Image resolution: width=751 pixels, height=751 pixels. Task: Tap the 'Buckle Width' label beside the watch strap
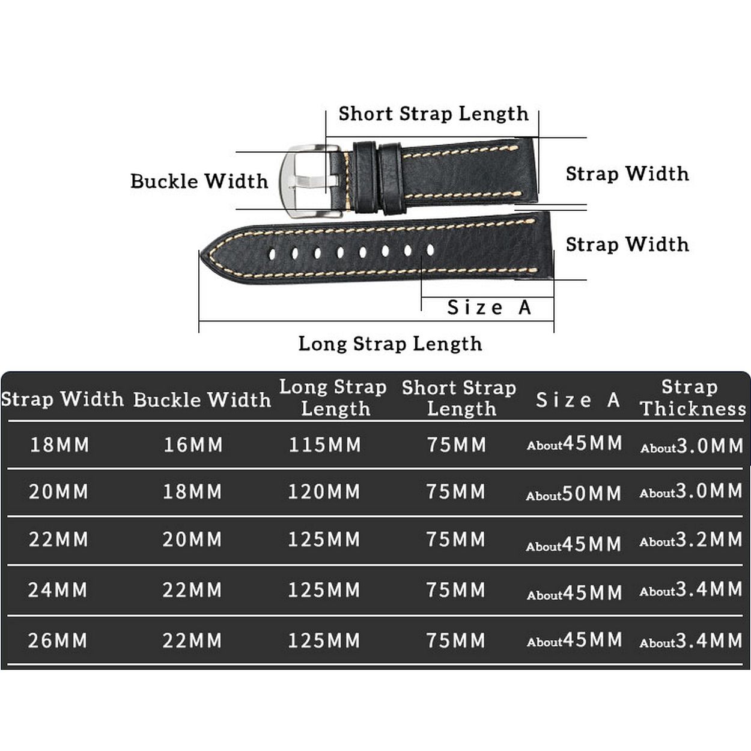coord(199,181)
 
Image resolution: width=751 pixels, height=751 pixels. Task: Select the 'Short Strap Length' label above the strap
coord(433,114)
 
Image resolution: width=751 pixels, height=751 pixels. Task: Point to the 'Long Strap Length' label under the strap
coord(390,344)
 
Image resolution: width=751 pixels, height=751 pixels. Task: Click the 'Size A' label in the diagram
coord(489,308)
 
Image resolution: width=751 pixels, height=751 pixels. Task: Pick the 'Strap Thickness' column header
coord(692,398)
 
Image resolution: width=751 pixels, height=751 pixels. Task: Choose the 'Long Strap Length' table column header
coord(333,398)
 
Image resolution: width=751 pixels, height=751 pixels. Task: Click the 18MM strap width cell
coord(59,445)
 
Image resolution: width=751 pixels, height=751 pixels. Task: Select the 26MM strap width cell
coord(58,640)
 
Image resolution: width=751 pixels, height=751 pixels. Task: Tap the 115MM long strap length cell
coord(325,445)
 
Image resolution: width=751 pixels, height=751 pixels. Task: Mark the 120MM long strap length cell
coord(324,492)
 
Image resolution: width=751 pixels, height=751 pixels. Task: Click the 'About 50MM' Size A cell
coord(574,494)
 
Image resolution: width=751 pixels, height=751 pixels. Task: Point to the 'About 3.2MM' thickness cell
coord(691,540)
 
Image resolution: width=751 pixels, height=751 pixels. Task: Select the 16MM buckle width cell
coord(193,445)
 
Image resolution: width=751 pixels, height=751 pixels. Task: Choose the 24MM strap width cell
coord(58,590)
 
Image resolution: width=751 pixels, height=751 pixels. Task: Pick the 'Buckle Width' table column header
coord(202,400)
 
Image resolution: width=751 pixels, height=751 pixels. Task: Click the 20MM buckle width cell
coord(192,540)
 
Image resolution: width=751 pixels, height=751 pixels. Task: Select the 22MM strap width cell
coord(58,540)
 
